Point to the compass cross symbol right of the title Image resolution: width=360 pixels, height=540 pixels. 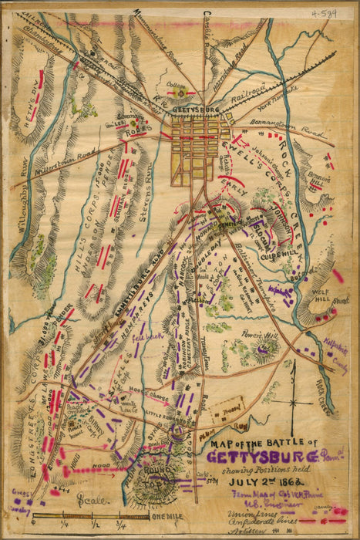pyautogui.click(x=292, y=402)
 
